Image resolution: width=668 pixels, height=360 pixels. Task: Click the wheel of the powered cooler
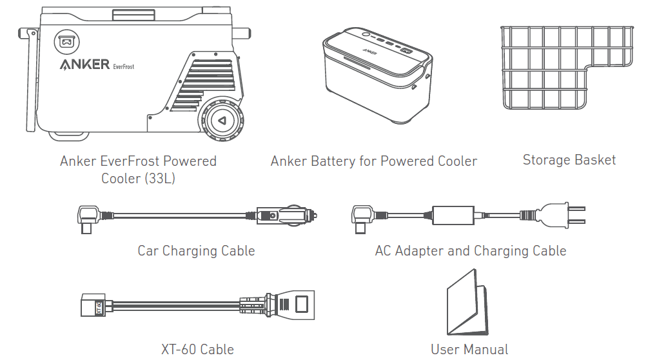click(x=222, y=121)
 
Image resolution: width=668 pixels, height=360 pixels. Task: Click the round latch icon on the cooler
click(x=66, y=42)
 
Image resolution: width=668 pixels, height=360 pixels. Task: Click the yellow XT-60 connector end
click(x=90, y=305)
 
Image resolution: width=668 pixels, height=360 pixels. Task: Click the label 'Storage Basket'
click(x=569, y=160)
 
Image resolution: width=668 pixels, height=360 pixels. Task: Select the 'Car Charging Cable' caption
click(x=196, y=250)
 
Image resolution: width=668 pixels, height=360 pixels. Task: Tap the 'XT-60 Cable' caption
click(x=197, y=350)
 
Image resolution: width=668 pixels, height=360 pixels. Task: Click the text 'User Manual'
click(x=469, y=350)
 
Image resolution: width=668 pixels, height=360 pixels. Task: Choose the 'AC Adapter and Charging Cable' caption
click(x=471, y=250)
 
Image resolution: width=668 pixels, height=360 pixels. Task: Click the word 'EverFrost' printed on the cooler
click(x=123, y=66)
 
